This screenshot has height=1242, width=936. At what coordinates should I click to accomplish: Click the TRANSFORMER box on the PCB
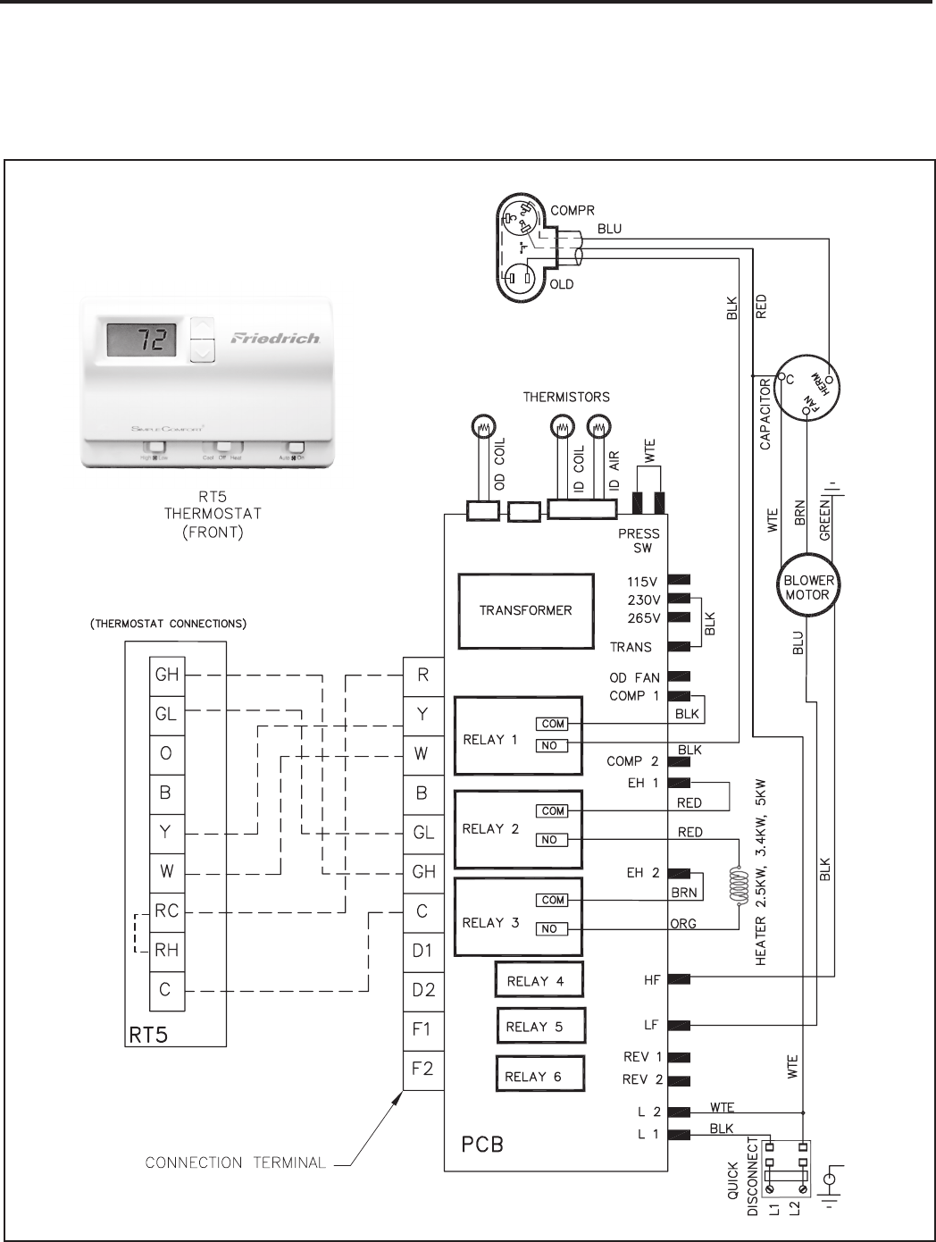click(526, 610)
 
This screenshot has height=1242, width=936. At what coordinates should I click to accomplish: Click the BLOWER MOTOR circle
click(807, 587)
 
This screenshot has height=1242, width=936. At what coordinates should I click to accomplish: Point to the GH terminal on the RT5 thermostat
click(167, 675)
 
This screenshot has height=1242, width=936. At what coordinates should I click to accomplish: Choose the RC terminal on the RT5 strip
click(167, 911)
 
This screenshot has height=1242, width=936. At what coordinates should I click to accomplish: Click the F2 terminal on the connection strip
click(423, 1069)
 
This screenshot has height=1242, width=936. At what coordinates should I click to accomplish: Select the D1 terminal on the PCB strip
click(423, 951)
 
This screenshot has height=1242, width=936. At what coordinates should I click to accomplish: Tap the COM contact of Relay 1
click(553, 724)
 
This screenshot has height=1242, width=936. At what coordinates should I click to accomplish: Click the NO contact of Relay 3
click(549, 929)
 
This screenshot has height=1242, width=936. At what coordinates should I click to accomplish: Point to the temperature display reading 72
click(142, 340)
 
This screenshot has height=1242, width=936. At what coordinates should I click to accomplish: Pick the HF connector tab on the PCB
click(679, 979)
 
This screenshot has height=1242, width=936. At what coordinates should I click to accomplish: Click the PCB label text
click(482, 1144)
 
